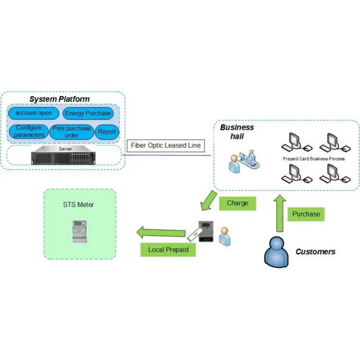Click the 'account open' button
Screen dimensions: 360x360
tap(34, 113)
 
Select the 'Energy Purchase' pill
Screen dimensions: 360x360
tap(88, 114)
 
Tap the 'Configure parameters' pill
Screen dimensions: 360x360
tap(29, 132)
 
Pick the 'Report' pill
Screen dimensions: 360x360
tap(107, 132)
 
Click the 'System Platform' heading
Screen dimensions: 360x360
tap(60, 99)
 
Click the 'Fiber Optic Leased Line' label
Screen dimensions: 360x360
tap(166, 145)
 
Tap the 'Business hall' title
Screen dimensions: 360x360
tap(237, 132)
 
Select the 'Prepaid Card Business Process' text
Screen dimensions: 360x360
tap(313, 158)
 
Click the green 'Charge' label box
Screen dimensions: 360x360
tap(237, 203)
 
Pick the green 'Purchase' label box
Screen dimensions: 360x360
tap(306, 214)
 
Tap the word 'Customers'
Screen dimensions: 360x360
tap(315, 252)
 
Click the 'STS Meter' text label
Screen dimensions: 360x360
tap(79, 204)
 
